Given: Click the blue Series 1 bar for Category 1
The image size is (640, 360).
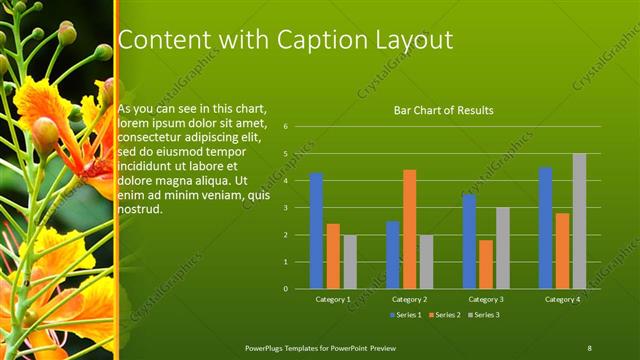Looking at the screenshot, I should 316,230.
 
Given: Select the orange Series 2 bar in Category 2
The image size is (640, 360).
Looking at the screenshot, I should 409,229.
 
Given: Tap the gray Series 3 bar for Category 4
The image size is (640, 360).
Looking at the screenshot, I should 579,221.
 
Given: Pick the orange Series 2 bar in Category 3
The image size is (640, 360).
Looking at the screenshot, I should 486,264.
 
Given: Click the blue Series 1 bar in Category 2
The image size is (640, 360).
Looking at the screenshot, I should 392,255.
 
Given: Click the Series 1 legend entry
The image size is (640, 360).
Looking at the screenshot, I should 406,315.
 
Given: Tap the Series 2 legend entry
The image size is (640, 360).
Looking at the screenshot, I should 445,315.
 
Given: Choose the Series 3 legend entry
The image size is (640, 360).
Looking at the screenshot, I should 484,315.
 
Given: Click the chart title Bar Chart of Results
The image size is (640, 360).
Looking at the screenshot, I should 443,110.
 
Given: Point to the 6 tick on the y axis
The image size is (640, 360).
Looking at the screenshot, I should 286,127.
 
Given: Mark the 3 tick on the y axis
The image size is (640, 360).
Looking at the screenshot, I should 286,208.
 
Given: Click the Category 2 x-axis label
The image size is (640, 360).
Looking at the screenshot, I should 409,299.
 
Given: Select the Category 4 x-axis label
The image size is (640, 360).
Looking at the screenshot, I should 562,299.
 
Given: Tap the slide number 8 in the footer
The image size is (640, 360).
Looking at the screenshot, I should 590,347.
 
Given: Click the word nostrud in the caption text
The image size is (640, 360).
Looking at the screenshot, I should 139,210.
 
